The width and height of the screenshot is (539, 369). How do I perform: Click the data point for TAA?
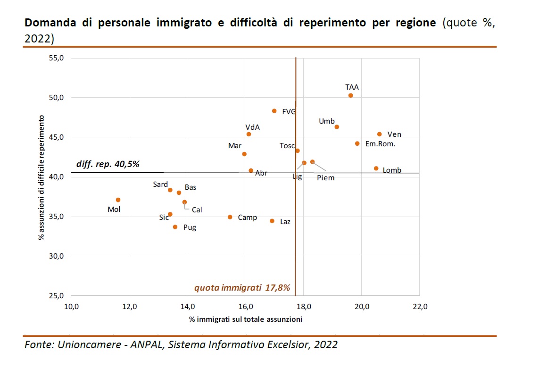pos(350,95)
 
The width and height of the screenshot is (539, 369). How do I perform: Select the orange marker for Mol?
pos(118,200)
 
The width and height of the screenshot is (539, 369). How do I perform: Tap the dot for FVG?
pos(274,111)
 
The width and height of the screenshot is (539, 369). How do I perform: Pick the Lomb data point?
pos(376,168)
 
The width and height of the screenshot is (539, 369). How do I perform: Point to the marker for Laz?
pos(272,221)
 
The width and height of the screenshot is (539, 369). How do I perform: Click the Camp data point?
pos(230,217)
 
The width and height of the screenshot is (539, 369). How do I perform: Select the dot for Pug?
pos(175,227)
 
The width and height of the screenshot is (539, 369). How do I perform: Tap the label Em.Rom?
pos(381,144)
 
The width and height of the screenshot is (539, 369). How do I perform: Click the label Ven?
pos(394,134)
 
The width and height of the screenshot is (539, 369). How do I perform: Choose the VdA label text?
pos(253,127)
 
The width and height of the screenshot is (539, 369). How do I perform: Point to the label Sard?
pos(160,184)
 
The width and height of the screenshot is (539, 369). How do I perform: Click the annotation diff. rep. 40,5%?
pos(108,164)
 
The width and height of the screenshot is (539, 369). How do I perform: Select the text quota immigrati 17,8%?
pos(242,288)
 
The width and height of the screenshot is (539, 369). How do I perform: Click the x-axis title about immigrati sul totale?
pos(245,319)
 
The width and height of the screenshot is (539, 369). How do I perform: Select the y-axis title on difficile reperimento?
pos(42,177)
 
